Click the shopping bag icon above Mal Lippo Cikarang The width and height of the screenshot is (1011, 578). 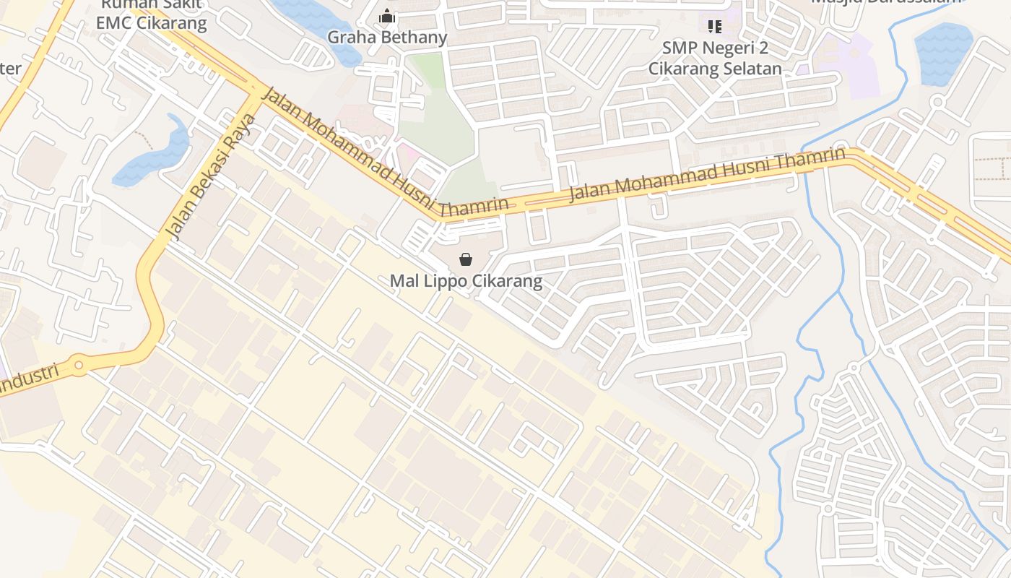click(466, 259)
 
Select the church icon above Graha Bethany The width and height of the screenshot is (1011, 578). click(387, 16)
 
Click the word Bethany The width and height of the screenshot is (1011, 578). click(412, 38)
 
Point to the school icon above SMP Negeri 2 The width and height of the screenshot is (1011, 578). click(715, 27)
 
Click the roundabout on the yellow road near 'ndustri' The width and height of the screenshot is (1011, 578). click(79, 367)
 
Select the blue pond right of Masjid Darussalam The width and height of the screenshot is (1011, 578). click(942, 52)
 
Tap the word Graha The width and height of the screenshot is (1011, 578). click(351, 38)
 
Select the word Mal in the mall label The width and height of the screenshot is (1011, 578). click(402, 281)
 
